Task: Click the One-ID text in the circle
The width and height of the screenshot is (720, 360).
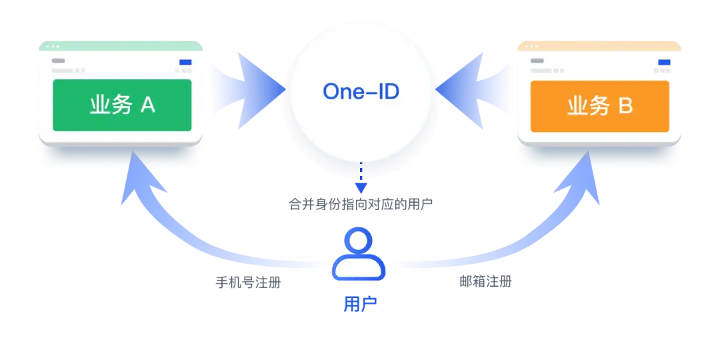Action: coord(361,91)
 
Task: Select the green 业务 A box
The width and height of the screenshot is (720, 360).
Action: coord(122,105)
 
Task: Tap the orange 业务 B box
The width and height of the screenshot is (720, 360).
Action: coord(600,107)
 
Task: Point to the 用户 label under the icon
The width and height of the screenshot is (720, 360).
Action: coord(360,303)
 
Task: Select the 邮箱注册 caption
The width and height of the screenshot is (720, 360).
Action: coord(485,281)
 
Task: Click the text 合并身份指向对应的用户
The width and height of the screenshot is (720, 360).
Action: coord(361,203)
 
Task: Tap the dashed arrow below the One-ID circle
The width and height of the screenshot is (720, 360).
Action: coord(361,177)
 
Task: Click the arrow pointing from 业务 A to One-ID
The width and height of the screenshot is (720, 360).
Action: coord(250,91)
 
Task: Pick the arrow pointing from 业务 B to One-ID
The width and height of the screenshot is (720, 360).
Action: coord(471,91)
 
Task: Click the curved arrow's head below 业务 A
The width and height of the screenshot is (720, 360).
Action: coord(138,177)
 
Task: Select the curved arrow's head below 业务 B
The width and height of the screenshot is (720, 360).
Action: coord(582,177)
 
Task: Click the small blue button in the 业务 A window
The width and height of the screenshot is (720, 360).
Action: coord(185,63)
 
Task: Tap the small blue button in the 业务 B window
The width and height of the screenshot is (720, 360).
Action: coord(664,63)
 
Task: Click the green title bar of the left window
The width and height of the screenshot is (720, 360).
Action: coord(121,46)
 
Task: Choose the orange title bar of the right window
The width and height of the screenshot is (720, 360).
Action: coord(599,46)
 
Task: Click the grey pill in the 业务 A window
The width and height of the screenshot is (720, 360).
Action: coord(58,61)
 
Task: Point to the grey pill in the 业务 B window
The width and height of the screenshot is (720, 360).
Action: coord(537,61)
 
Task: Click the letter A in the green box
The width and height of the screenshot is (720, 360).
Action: coord(147,105)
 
